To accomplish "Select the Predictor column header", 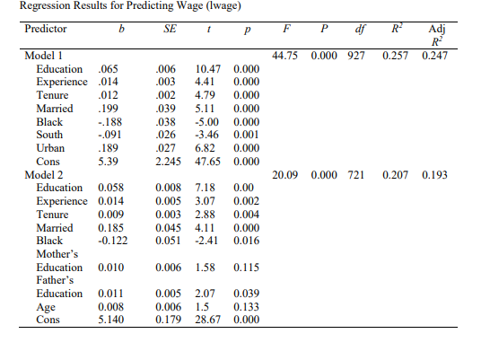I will [x=43, y=28].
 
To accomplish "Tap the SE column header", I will [x=170, y=28].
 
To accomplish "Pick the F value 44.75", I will [x=285, y=56].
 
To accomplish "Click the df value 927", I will [x=356, y=56].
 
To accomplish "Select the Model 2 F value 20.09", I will [x=285, y=175].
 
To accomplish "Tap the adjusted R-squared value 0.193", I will [x=434, y=175].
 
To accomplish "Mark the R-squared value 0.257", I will [x=395, y=56].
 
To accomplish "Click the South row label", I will [x=49, y=135].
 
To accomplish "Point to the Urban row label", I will [x=50, y=148].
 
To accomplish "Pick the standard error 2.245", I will [x=170, y=162].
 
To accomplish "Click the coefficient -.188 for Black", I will [x=108, y=122].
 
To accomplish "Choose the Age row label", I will [x=46, y=306].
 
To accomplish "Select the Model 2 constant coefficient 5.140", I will [x=109, y=320].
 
